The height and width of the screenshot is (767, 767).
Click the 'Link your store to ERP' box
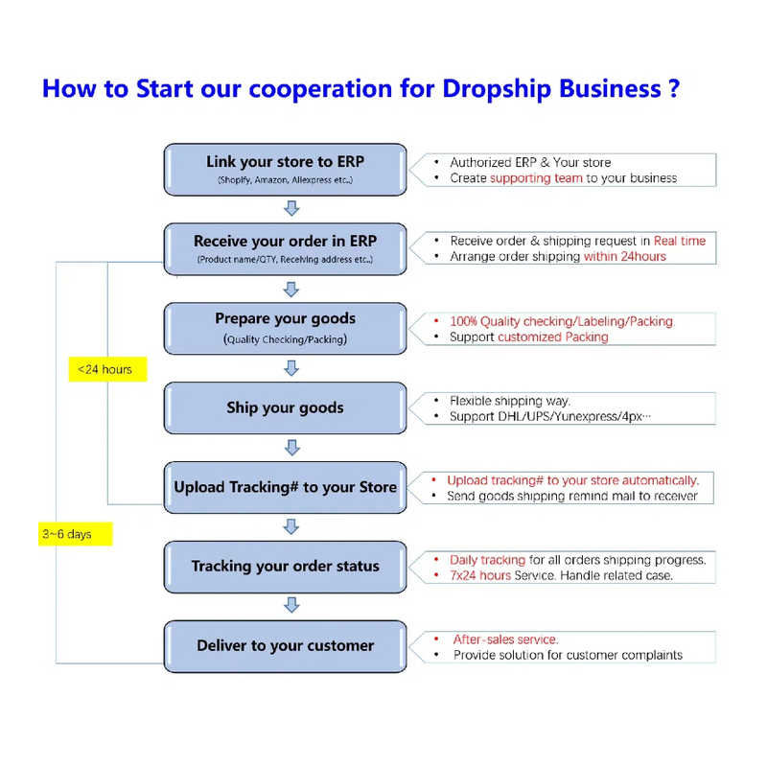pos(285,169)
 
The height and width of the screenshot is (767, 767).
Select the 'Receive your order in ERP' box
pos(285,248)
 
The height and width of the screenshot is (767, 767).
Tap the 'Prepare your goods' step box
pos(285,328)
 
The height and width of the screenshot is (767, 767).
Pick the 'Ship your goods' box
pos(285,407)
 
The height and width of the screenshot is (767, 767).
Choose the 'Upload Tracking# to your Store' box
pos(285,487)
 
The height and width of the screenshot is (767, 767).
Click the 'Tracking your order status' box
pos(285,566)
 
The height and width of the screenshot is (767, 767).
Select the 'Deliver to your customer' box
pos(285,645)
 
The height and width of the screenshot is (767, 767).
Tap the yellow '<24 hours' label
pos(106,369)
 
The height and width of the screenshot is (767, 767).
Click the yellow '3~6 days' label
pos(75,533)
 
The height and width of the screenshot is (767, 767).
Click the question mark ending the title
pos(674,89)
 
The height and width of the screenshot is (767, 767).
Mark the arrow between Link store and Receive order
pos(292,208)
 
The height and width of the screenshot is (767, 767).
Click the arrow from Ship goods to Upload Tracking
pos(292,447)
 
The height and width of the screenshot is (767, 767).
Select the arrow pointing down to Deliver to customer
pos(292,605)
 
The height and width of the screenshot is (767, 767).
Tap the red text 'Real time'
pos(679,241)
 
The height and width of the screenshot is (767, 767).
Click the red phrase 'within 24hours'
pos(624,256)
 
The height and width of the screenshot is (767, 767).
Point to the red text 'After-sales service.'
pos(506,639)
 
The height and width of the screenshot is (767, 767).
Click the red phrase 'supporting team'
pos(536,178)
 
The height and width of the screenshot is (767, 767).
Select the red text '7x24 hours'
pos(480,575)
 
